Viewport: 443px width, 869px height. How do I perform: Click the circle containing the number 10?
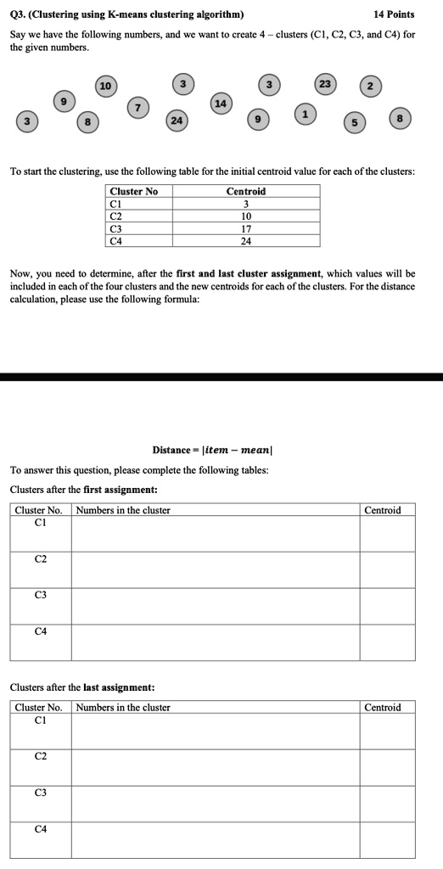click(x=104, y=86)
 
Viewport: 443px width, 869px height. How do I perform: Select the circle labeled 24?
click(x=176, y=120)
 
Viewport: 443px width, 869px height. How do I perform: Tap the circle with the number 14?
click(x=221, y=103)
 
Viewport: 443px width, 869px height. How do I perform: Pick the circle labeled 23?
click(x=325, y=84)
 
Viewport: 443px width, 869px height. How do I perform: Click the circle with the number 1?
click(x=306, y=113)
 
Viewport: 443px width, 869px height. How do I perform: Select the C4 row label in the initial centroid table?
click(x=116, y=240)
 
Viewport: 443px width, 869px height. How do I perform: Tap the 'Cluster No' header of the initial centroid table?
click(x=134, y=191)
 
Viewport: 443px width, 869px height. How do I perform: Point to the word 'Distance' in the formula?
click(x=171, y=449)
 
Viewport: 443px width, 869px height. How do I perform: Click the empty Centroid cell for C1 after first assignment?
click(x=388, y=534)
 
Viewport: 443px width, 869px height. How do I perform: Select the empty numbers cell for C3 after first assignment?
click(x=215, y=606)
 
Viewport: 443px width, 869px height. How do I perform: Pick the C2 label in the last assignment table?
click(x=41, y=755)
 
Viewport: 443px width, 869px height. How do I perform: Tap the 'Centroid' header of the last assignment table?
click(x=382, y=707)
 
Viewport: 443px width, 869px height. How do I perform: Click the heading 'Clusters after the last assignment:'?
click(x=70, y=687)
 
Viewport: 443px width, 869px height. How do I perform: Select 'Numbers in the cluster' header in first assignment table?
click(x=123, y=510)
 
